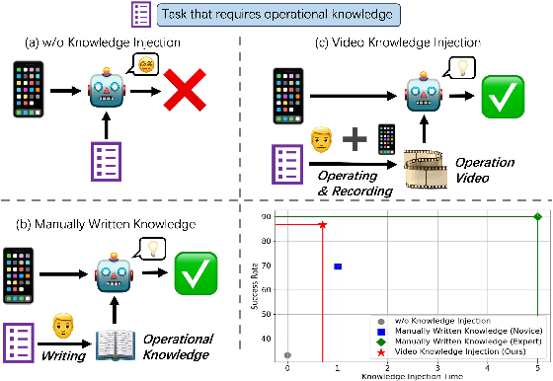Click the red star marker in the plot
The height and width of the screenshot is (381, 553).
click(322, 225)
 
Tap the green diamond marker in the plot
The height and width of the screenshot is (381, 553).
click(537, 217)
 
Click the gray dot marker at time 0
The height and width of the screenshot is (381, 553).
click(287, 355)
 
